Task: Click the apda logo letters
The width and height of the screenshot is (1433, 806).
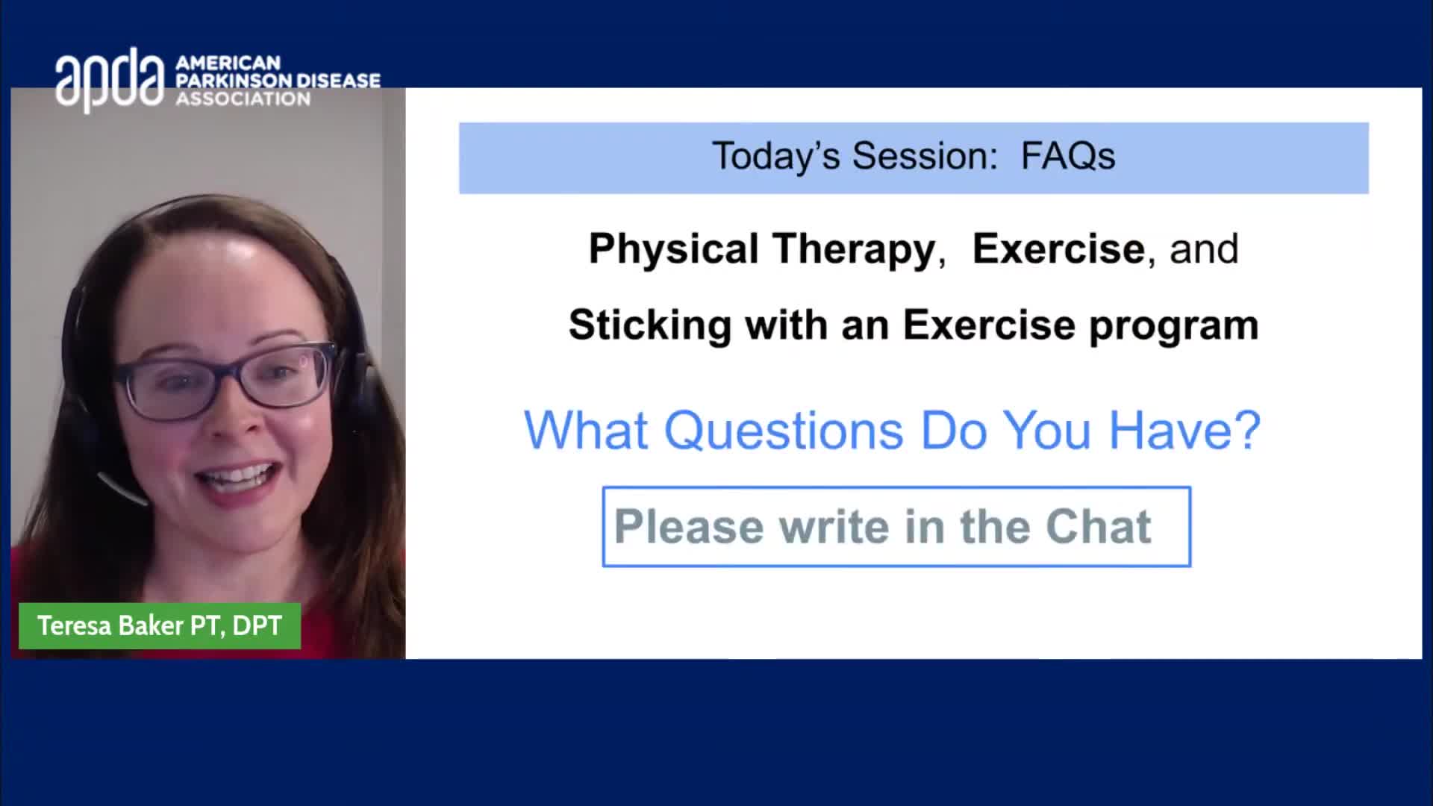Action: (x=110, y=80)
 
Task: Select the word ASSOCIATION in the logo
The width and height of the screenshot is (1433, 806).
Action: (x=243, y=99)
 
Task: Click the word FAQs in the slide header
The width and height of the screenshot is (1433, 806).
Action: (x=1067, y=156)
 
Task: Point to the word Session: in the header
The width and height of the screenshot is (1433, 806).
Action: (x=925, y=156)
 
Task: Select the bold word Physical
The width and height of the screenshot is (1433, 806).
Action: (x=673, y=249)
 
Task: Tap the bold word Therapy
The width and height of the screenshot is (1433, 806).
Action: (x=854, y=249)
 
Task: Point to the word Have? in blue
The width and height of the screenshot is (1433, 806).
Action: (x=1184, y=431)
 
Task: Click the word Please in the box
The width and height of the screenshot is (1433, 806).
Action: (x=689, y=527)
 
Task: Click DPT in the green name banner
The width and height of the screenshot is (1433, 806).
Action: (x=257, y=625)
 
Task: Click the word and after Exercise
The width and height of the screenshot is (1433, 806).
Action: (x=1204, y=249)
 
